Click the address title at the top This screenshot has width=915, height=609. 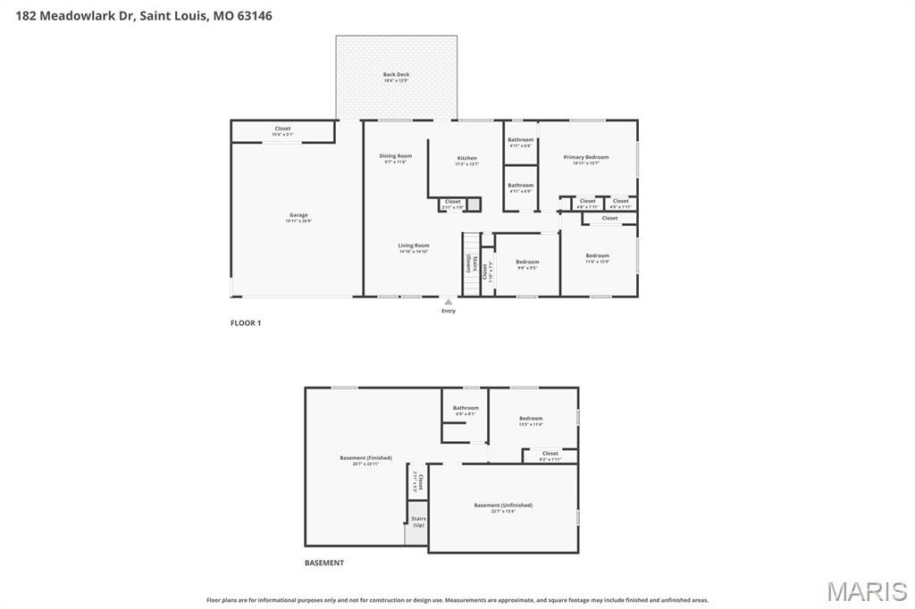[144, 16]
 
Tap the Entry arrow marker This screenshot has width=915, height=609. [449, 302]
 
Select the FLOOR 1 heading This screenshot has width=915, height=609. [246, 323]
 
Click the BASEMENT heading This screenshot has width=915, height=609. [323, 563]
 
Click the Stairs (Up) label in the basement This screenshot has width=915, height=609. [418, 521]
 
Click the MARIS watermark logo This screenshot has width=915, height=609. [867, 591]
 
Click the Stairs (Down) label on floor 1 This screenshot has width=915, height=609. [469, 263]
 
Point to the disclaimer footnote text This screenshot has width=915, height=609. [457, 600]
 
